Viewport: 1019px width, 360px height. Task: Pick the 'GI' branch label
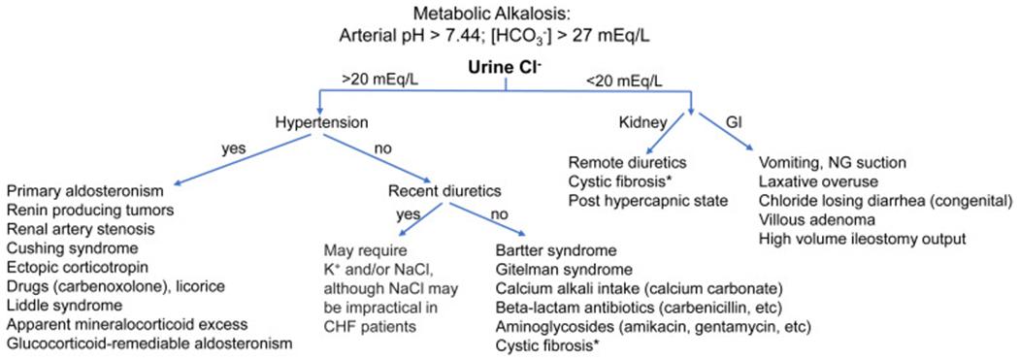734,123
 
